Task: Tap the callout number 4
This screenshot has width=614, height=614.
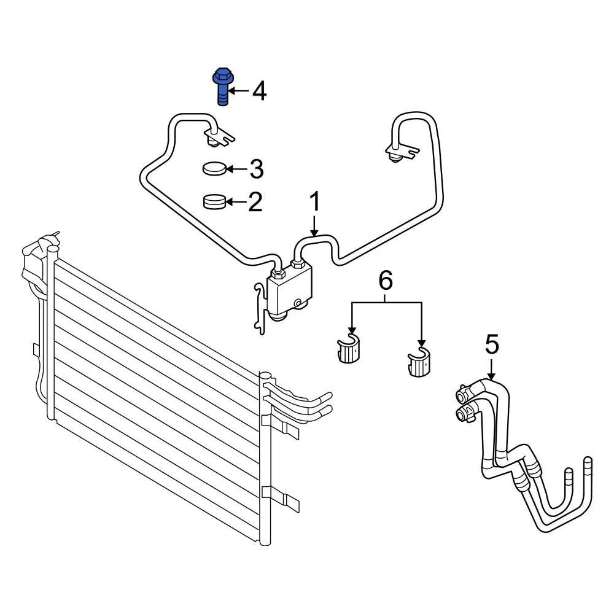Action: pos(259,91)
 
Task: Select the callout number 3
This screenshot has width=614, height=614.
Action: pos(257,169)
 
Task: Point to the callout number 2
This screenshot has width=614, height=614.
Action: pos(255,202)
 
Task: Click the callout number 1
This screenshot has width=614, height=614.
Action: pos(315,201)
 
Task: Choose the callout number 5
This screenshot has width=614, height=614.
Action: pos(492,344)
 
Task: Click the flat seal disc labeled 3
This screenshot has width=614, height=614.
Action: pos(214,169)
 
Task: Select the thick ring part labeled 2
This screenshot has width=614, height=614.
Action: pos(215,202)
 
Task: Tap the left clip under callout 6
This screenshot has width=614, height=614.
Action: pos(348,349)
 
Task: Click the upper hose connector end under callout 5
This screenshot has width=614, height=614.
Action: pos(465,393)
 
